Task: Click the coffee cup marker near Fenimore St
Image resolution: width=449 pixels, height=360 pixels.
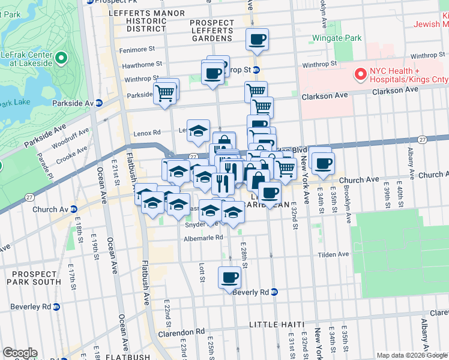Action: click(258, 40)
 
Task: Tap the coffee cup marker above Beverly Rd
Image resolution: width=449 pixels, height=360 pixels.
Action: click(229, 278)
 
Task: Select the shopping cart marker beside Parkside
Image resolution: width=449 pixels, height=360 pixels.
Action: click(164, 94)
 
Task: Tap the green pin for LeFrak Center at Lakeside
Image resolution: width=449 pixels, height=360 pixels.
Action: click(61, 59)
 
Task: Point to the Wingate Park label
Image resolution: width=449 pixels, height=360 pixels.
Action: click(337, 38)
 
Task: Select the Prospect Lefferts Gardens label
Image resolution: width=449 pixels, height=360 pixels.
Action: click(211, 31)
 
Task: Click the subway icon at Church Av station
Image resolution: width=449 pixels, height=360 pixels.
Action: click(73, 209)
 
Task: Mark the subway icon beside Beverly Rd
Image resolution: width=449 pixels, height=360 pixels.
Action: click(274, 292)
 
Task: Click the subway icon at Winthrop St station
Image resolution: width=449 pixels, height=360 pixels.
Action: click(256, 70)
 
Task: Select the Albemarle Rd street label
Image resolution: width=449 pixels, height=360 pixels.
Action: click(203, 238)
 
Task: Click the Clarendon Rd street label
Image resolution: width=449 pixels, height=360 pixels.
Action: click(181, 332)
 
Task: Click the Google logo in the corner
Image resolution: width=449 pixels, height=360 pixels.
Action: click(20, 353)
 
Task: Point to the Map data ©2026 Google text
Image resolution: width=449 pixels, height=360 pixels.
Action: click(411, 355)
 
